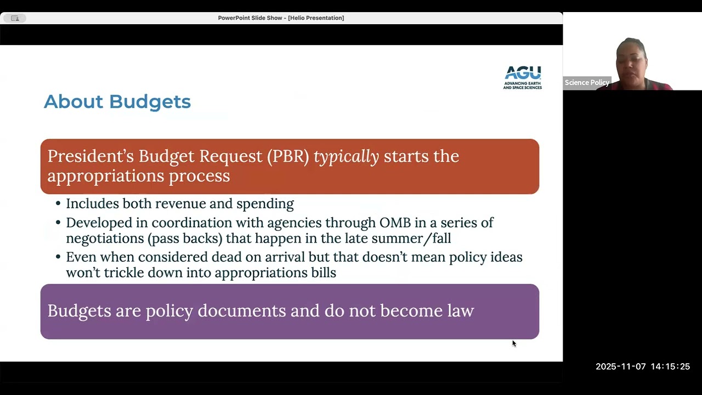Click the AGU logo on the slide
pyautogui.click(x=522, y=77)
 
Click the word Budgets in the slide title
pyautogui.click(x=150, y=101)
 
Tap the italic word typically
pyautogui.click(x=346, y=156)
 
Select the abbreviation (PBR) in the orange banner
pyautogui.click(x=288, y=156)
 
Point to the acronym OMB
pyautogui.click(x=395, y=223)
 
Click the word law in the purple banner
pyautogui.click(x=460, y=311)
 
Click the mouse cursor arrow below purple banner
pyautogui.click(x=514, y=343)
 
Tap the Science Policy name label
pyautogui.click(x=587, y=83)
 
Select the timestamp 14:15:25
pyautogui.click(x=670, y=366)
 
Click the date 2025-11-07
pyautogui.click(x=621, y=366)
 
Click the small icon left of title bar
pyautogui.click(x=15, y=18)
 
